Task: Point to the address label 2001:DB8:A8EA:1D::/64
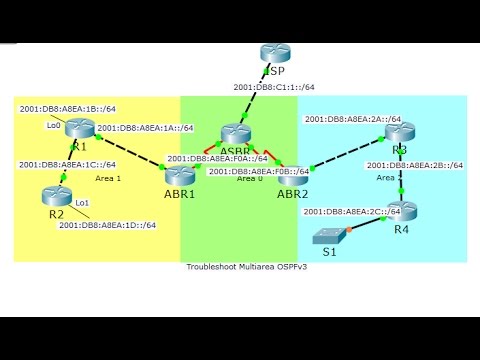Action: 107,225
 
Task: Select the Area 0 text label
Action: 251,178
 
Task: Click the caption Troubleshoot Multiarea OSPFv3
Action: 240,268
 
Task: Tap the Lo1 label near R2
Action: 82,203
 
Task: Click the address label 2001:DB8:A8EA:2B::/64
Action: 414,166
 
